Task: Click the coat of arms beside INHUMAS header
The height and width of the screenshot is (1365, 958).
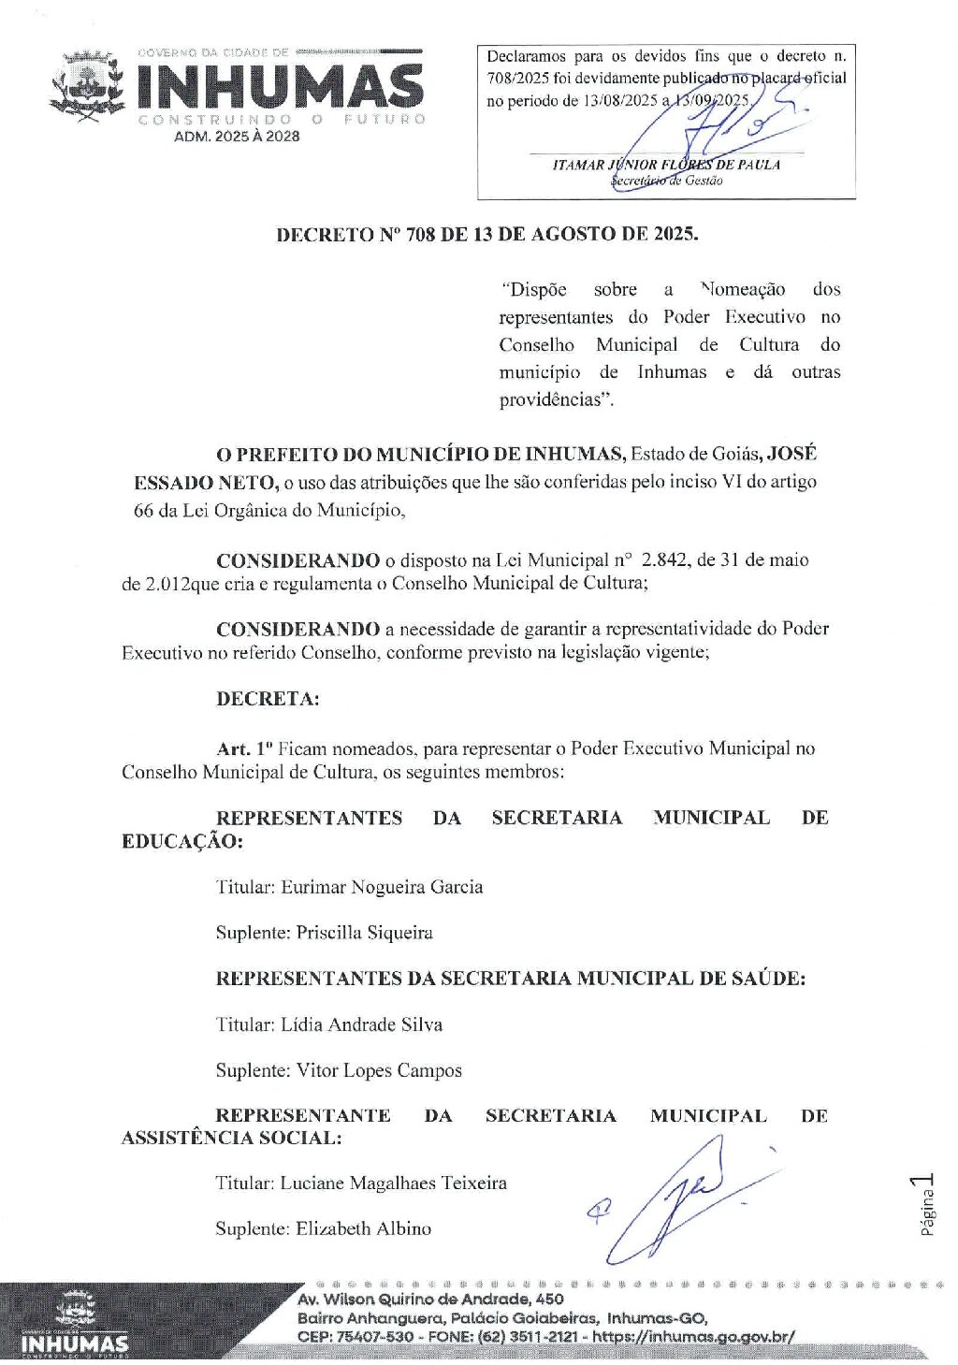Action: click(x=86, y=88)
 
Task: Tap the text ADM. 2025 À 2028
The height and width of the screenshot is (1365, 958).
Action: click(x=237, y=137)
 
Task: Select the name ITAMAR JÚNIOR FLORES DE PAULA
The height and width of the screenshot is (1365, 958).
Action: click(x=666, y=165)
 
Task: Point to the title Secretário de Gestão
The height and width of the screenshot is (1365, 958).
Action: click(x=666, y=181)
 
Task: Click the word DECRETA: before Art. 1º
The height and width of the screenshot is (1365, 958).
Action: click(x=268, y=699)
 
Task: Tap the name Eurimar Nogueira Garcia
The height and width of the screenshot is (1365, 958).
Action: click(x=382, y=887)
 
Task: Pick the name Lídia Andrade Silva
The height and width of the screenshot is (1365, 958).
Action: click(x=361, y=1024)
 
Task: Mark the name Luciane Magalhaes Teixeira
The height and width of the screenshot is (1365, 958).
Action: click(x=393, y=1183)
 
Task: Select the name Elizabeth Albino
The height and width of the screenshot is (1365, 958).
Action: click(x=363, y=1229)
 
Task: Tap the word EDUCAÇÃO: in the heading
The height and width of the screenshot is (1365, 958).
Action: click(x=182, y=841)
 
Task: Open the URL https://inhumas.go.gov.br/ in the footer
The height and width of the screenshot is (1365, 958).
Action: click(x=693, y=1336)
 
